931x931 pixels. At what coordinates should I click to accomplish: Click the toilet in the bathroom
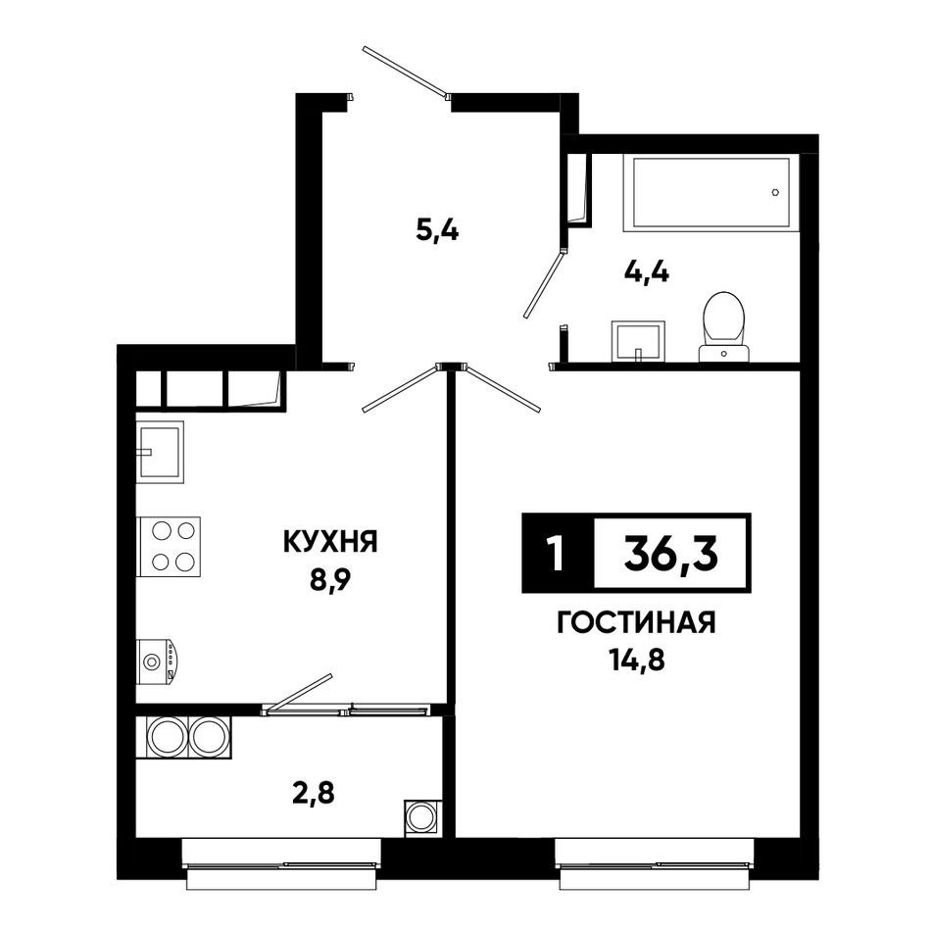[724, 326]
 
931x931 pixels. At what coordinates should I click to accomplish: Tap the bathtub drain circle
[775, 192]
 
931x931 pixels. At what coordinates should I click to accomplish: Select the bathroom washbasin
[638, 341]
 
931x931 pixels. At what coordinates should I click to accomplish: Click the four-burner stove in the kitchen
[169, 546]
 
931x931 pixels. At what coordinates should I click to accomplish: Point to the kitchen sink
[160, 452]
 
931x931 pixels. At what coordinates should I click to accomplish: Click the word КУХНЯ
[330, 542]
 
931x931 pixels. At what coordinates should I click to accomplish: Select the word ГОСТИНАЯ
[636, 623]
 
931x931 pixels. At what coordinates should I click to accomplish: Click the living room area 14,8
[636, 661]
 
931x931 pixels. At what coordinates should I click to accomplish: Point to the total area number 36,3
[671, 554]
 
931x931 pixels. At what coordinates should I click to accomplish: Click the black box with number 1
[558, 554]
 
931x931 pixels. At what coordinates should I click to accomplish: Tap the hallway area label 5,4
[438, 229]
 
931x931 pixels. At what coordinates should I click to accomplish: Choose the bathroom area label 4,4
[647, 272]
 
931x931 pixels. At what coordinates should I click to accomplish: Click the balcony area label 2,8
[314, 793]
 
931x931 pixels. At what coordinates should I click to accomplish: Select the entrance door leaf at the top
[406, 72]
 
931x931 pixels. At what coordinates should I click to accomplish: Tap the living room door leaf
[504, 389]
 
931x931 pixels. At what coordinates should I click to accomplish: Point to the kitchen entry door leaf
[400, 389]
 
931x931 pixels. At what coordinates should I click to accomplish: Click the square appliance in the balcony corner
[422, 817]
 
